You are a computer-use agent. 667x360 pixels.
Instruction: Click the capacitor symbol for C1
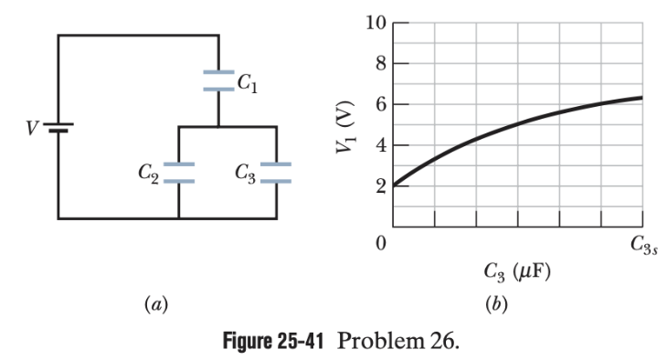[x=218, y=80]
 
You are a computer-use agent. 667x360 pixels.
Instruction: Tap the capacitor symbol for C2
[x=178, y=173]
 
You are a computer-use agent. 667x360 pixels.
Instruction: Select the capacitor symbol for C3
[x=276, y=173]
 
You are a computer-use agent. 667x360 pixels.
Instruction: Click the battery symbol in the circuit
[x=58, y=127]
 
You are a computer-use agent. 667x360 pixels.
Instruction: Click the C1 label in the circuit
[x=247, y=85]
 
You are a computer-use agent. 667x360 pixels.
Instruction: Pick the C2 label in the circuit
[x=149, y=171]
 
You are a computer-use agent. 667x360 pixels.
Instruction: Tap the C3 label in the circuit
[x=244, y=171]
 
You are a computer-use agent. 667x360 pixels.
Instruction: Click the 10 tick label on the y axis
[x=374, y=23]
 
